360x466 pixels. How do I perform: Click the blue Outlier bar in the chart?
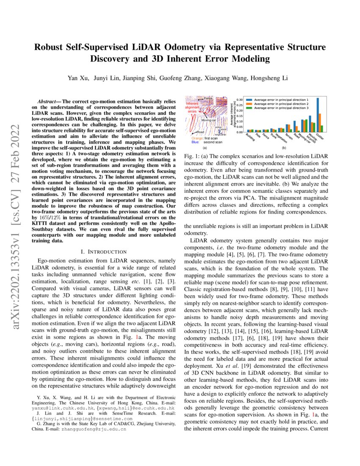point(318,114)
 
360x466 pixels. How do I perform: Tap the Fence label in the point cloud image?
point(208,99)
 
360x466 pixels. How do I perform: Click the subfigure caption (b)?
point(284,148)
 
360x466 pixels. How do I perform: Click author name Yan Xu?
point(76,78)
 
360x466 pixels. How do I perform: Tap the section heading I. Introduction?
point(100,252)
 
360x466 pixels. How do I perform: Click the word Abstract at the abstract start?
point(48,102)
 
